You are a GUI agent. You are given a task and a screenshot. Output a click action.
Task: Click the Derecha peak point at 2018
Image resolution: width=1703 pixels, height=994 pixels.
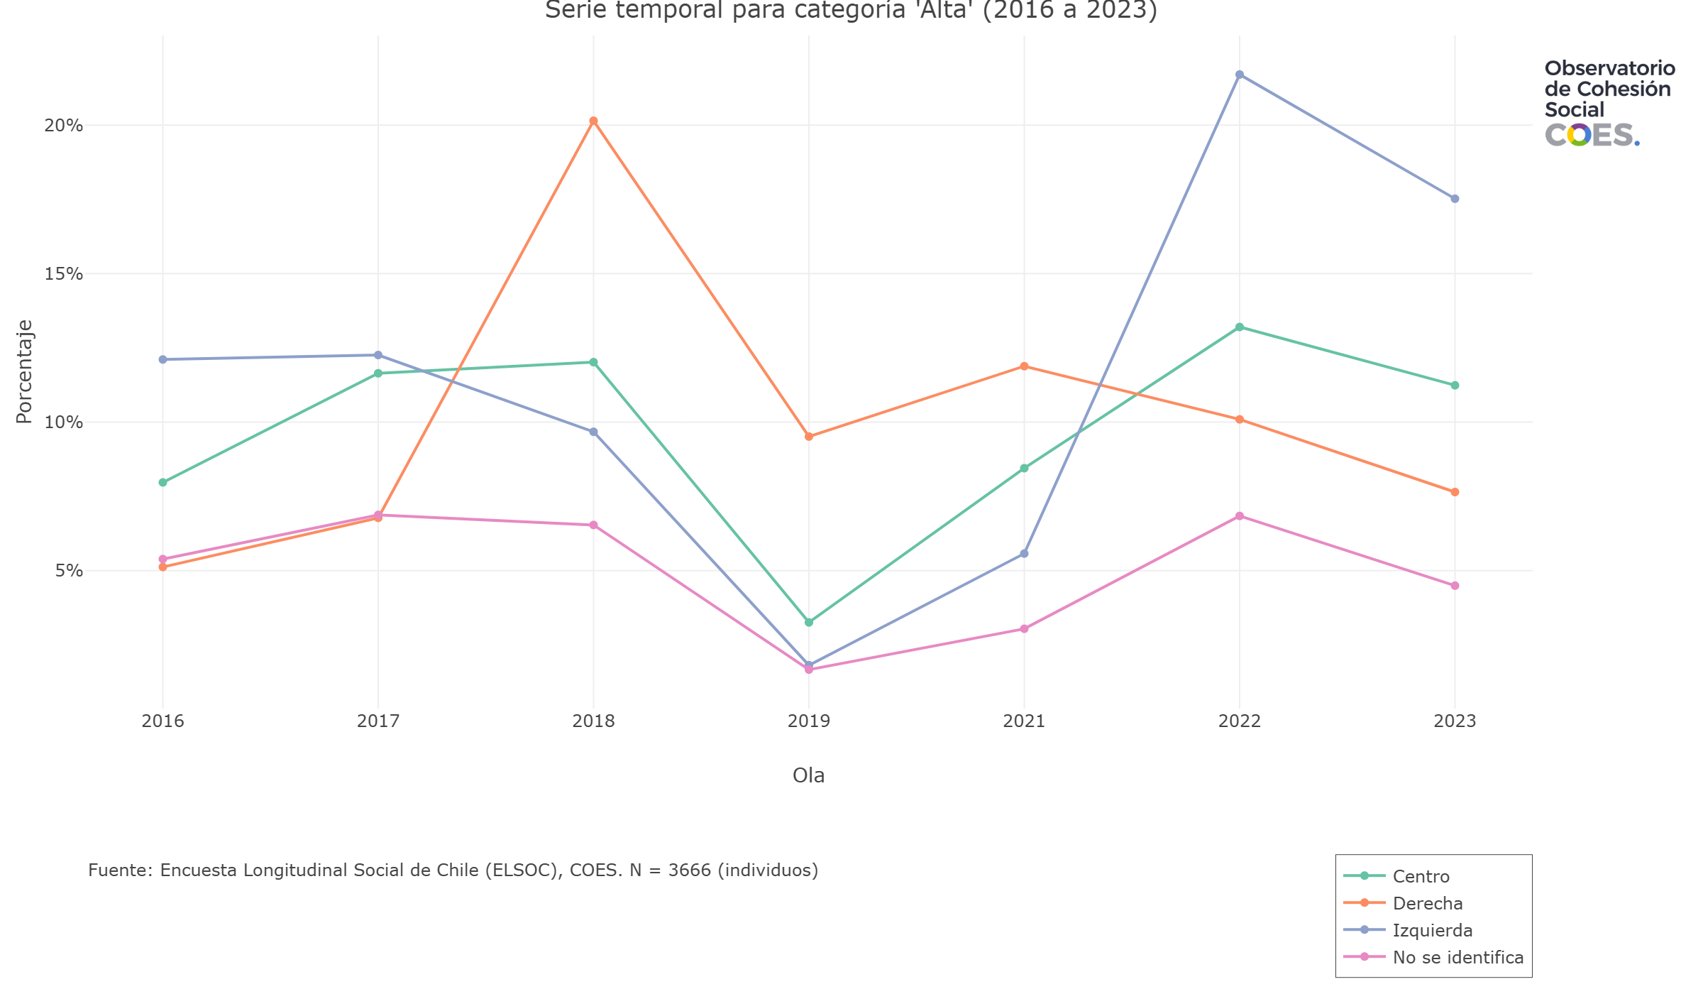(593, 121)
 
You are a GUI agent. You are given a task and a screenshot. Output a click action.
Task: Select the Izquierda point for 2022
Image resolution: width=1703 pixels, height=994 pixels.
(1239, 75)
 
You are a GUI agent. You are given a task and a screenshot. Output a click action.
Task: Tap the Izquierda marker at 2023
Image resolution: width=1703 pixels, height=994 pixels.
(1455, 199)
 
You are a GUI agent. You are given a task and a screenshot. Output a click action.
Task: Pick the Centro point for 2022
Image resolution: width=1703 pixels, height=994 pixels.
(1239, 327)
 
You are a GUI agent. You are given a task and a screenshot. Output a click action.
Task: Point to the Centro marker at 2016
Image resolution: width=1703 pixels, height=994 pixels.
(162, 482)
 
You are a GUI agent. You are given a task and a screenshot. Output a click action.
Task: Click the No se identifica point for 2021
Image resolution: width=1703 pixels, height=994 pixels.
(1024, 629)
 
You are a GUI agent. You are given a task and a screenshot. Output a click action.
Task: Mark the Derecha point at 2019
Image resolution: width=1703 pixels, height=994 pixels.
(809, 437)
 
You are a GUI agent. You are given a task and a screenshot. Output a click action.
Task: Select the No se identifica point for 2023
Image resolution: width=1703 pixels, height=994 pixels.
(1455, 586)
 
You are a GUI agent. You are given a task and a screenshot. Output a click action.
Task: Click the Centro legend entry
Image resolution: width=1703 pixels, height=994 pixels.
(1421, 876)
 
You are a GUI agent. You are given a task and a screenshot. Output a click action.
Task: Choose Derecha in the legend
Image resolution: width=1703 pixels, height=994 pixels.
(1427, 903)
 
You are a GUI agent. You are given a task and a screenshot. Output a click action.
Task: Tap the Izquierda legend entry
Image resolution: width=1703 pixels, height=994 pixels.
(1432, 930)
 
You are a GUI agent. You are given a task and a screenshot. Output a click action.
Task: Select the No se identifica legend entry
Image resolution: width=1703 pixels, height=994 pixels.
(1457, 957)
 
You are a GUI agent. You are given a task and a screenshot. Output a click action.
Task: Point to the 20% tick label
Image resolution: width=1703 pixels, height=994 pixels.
(64, 126)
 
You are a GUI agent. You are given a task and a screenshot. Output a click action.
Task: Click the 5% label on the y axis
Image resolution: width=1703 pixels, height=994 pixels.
(69, 571)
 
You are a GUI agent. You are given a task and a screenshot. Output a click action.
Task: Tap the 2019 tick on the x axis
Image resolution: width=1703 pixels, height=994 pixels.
(809, 721)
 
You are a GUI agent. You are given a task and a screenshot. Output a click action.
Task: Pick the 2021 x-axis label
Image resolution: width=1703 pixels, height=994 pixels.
(1024, 721)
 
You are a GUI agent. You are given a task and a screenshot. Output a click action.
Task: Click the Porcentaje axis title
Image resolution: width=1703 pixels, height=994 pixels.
(24, 372)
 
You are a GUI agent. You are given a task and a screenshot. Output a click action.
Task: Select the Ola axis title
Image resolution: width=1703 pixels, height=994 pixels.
(809, 775)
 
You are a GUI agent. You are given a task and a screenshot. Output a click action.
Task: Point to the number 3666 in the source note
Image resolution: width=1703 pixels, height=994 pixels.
(690, 870)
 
